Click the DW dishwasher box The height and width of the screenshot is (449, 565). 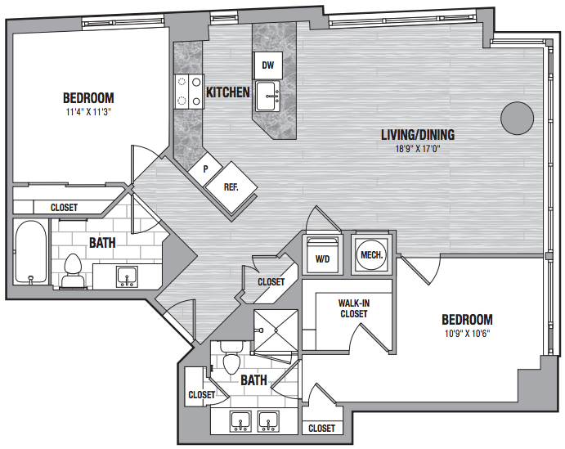[x=267, y=65]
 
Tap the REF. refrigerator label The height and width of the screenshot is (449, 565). [x=231, y=187]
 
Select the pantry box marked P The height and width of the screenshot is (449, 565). [x=206, y=169]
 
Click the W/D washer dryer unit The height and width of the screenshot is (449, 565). [x=322, y=255]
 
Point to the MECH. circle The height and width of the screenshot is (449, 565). [x=371, y=255]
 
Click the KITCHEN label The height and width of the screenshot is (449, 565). [x=228, y=92]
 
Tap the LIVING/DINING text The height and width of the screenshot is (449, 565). [x=418, y=135]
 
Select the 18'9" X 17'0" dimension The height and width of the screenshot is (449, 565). [x=418, y=149]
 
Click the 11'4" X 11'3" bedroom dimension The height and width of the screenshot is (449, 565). [x=88, y=112]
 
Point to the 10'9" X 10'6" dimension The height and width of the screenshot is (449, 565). [x=468, y=334]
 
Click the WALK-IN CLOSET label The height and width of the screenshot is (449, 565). [x=354, y=308]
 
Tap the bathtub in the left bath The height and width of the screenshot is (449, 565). [x=31, y=252]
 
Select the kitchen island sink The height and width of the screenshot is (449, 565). [x=267, y=97]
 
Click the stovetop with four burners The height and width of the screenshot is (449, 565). [x=189, y=92]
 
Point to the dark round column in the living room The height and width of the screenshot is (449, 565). [x=517, y=119]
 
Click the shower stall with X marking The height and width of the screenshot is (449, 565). [x=276, y=330]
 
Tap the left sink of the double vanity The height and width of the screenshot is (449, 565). [x=240, y=421]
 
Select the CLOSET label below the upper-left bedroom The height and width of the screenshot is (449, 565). [x=64, y=208]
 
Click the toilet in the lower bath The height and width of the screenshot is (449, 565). [x=231, y=358]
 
